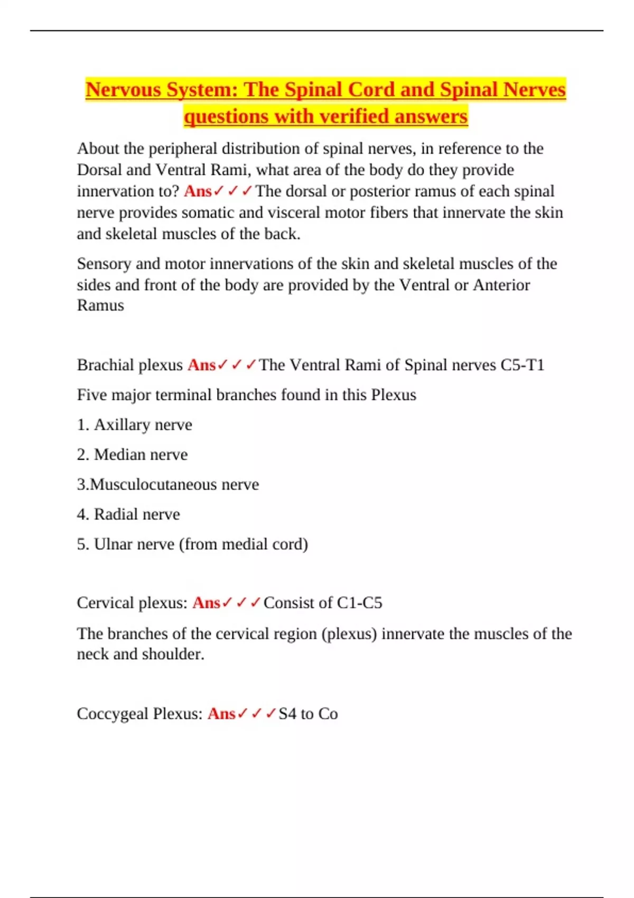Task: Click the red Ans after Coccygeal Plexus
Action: tap(221, 714)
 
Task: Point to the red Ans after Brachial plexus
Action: tap(201, 365)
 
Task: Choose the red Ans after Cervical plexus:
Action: tap(206, 603)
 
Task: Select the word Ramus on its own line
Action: tap(100, 305)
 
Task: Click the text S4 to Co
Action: tap(308, 714)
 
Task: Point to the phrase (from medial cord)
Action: tap(244, 544)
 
